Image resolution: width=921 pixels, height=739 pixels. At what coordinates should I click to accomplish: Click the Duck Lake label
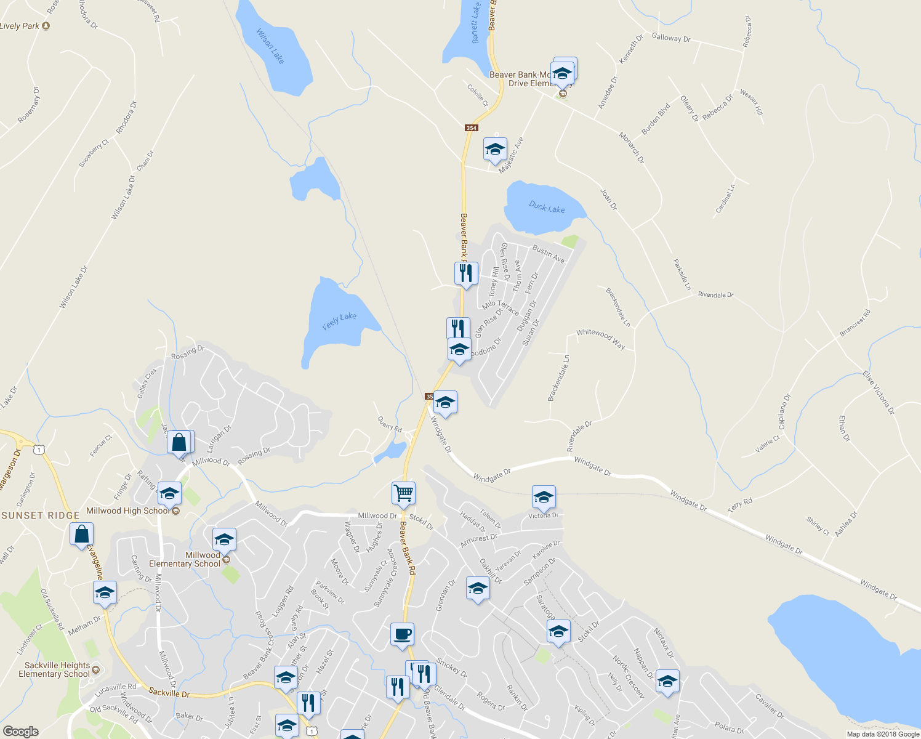(x=547, y=207)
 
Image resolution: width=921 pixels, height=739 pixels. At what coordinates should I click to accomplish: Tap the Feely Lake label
(x=339, y=320)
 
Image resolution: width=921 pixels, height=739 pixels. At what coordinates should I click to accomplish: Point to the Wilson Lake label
(x=270, y=46)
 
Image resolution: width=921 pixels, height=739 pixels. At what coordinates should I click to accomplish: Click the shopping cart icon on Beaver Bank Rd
(x=403, y=493)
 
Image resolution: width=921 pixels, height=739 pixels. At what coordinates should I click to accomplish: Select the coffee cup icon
(x=402, y=634)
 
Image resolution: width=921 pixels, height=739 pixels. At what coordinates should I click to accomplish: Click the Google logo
(x=20, y=731)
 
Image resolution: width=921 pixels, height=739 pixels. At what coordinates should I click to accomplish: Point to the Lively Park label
(x=20, y=26)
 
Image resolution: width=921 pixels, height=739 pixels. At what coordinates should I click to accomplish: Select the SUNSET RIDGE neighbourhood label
(x=41, y=515)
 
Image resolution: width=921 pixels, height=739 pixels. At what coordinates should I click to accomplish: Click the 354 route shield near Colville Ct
(x=471, y=128)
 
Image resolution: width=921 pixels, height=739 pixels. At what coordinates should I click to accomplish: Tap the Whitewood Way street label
(x=600, y=339)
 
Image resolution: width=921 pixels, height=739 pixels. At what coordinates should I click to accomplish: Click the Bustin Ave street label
(x=549, y=254)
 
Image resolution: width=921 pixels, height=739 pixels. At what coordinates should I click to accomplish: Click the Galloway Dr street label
(x=671, y=38)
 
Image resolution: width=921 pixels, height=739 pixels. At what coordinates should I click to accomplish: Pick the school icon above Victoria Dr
(x=544, y=497)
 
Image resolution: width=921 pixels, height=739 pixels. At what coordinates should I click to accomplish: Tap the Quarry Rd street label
(x=390, y=424)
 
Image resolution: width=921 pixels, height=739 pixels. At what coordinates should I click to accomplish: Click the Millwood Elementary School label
(x=185, y=559)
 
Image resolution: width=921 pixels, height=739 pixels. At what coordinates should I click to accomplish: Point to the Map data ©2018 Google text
(x=883, y=733)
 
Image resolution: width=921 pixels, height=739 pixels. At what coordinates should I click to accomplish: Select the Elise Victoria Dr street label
(x=879, y=392)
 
